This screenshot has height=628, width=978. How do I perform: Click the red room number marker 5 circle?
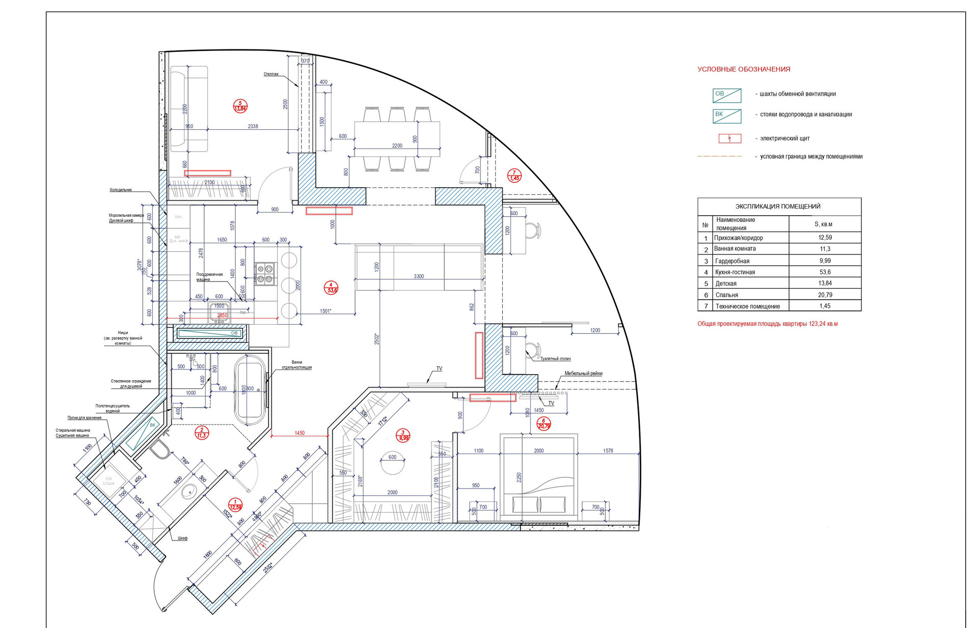pos(240,106)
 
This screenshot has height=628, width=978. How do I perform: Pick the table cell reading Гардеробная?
pos(732,261)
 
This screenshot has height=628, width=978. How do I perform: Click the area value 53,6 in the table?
pos(825,272)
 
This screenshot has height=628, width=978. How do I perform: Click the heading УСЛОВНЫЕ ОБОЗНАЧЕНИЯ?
pos(744,69)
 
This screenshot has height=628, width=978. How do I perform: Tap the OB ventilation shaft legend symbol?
pos(726,95)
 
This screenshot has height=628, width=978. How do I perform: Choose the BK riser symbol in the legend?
pos(726,116)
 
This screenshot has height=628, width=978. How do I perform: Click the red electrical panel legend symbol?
pos(729,138)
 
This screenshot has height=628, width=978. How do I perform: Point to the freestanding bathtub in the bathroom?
pos(250,389)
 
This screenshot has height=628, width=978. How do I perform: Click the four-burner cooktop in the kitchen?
pos(265,273)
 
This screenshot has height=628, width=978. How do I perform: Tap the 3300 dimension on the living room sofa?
pos(419,276)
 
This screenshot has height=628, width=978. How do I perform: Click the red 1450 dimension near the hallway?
pos(300,433)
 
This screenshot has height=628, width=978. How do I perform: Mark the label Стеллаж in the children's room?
pos(271,74)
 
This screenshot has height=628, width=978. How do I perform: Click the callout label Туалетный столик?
pos(555,359)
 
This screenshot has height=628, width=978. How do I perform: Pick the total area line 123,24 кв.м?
pos(767,324)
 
